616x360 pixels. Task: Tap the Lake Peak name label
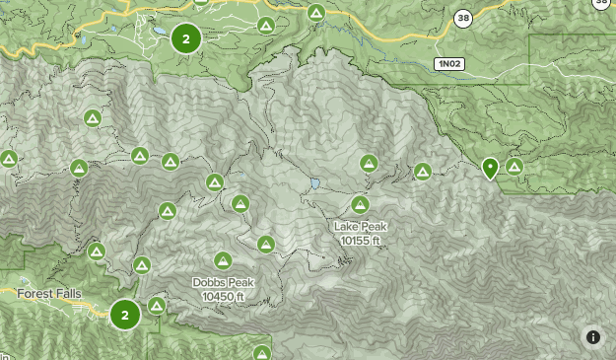(x=360, y=227)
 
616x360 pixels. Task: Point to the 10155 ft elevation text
(x=360, y=240)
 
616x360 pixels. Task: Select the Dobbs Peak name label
(x=223, y=283)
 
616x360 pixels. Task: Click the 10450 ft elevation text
(x=223, y=296)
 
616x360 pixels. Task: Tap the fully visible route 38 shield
(x=463, y=18)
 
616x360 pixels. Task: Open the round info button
(x=592, y=336)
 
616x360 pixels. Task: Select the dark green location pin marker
(x=490, y=169)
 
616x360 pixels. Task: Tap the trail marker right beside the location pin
(x=513, y=166)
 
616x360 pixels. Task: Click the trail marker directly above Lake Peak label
(x=360, y=205)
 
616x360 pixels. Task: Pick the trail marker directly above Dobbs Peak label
(x=223, y=261)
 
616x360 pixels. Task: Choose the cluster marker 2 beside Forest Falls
(x=124, y=315)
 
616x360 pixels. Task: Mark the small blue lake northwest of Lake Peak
(x=314, y=183)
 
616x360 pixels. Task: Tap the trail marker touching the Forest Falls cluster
(x=156, y=306)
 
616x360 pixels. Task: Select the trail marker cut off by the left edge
(x=8, y=158)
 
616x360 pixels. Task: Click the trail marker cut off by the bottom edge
(x=261, y=353)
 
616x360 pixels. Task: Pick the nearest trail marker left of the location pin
(x=423, y=172)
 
